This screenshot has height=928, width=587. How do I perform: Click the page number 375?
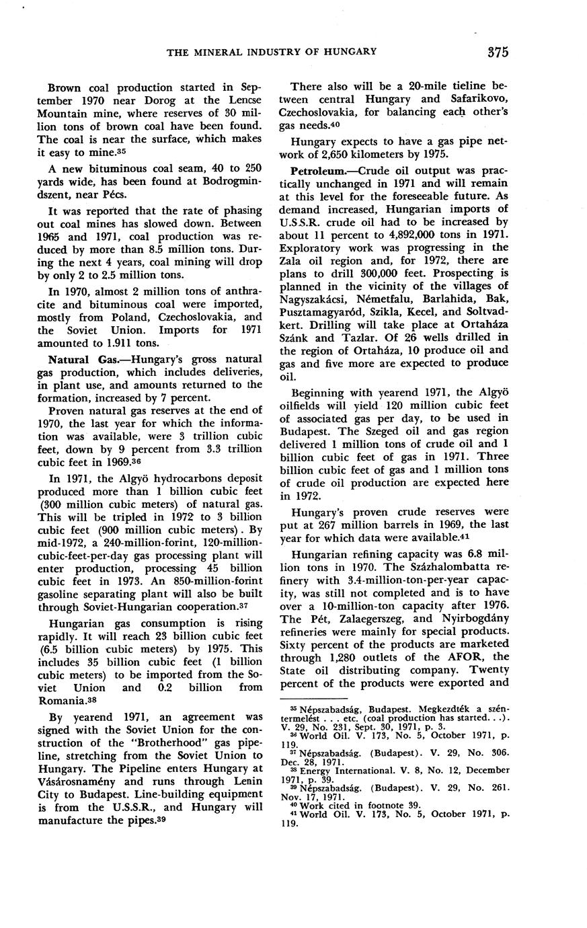point(498,52)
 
